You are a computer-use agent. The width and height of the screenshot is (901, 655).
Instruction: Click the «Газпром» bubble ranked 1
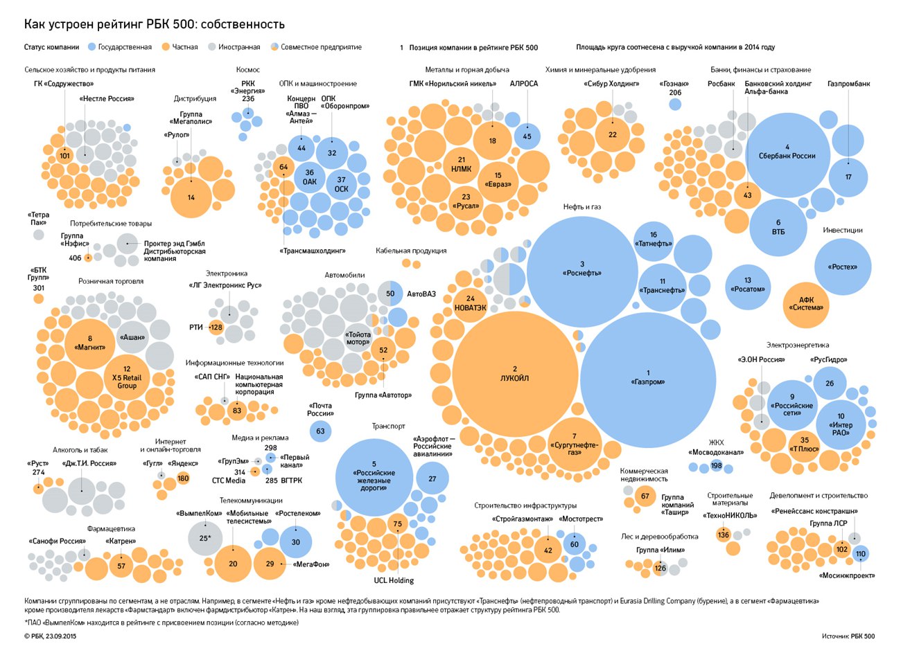pos(647,380)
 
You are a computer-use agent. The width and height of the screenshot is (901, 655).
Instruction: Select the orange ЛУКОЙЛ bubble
pos(515,374)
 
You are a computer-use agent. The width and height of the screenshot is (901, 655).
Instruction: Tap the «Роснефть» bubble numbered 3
pos(582,271)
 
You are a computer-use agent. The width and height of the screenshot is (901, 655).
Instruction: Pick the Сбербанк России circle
pos(787,155)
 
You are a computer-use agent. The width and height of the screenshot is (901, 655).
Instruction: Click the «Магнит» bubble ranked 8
pos(90,344)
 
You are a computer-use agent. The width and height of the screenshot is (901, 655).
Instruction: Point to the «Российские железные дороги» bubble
pos(374,477)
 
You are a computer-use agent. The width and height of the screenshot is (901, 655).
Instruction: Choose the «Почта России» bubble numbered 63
pos(320,431)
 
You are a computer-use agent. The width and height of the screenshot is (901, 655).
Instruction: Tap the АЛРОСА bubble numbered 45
pos(527,136)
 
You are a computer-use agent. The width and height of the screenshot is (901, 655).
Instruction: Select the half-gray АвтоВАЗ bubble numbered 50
pos(390,294)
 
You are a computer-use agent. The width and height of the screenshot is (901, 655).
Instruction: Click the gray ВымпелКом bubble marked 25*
pos(205,538)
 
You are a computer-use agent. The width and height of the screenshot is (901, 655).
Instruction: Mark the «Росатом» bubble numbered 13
pos(748,287)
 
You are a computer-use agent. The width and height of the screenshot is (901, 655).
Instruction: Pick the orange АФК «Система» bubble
pos(806,305)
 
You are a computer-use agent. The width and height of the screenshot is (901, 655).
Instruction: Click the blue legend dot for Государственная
pos(91,47)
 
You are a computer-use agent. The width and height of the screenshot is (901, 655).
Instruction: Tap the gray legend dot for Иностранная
pos(212,47)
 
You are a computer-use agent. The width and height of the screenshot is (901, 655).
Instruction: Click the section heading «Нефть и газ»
pos(582,207)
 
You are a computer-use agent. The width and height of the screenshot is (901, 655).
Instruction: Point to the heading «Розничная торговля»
pos(111,281)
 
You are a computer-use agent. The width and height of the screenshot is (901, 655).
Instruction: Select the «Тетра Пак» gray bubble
pos(39,235)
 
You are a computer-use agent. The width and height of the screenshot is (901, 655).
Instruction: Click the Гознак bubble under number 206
pos(675,105)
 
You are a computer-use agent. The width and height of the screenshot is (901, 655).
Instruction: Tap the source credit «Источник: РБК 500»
pos(848,636)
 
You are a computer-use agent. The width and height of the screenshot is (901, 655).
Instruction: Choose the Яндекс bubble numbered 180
pos(183,478)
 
